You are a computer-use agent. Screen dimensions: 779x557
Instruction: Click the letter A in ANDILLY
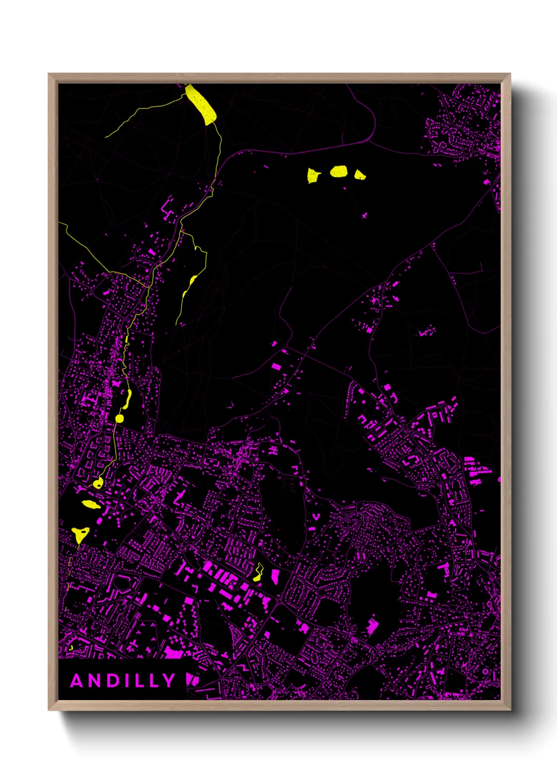(77, 681)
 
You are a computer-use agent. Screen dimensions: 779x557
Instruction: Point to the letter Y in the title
(168, 681)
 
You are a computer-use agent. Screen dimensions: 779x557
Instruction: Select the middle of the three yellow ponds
(339, 171)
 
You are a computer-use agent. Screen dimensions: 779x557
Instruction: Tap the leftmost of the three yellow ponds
(313, 175)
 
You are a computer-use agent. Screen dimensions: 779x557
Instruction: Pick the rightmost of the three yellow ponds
(360, 175)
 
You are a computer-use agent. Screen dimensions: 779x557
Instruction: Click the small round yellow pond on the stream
(120, 418)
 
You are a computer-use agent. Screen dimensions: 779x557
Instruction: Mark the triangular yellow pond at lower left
(81, 535)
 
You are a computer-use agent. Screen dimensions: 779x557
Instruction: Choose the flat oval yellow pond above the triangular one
(91, 504)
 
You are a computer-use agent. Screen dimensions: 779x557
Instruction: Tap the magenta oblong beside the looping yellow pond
(275, 576)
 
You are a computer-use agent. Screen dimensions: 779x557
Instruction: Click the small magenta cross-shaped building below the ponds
(364, 215)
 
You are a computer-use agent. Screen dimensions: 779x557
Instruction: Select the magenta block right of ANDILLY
(192, 680)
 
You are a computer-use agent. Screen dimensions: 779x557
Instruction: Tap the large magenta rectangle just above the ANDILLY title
(173, 653)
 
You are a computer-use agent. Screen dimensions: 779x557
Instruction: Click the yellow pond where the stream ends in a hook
(97, 483)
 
